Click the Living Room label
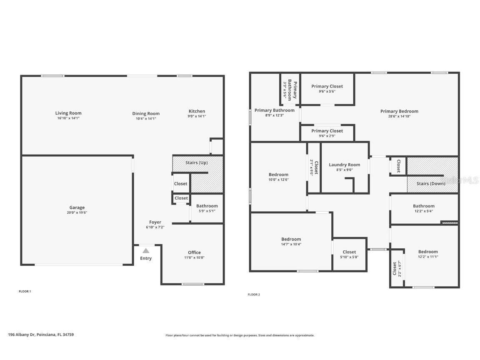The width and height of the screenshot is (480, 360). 68,113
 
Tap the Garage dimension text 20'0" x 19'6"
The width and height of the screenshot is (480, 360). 77,212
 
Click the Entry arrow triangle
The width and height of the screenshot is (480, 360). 146,250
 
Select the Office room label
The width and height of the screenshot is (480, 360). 194,252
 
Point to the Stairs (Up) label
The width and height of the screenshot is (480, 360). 196,162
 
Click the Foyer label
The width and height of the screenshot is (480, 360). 155,222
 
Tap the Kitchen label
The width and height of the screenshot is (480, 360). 197,111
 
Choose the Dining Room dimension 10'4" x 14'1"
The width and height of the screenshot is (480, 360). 146,118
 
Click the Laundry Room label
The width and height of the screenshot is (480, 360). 344,165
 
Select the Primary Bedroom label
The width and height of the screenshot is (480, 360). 399,111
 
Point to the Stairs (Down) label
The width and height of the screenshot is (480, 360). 431,183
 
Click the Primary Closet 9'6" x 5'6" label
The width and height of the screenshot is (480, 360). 327,86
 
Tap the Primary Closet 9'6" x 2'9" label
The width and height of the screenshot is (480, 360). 327,131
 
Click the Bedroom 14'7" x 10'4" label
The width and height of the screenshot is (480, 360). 291,239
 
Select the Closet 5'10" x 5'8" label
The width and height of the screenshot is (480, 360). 349,252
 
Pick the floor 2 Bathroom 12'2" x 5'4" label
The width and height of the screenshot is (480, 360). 423,206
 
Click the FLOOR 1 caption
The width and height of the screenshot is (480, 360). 25,291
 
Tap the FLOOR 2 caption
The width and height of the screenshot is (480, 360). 254,295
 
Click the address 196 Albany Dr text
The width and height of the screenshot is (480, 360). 41,335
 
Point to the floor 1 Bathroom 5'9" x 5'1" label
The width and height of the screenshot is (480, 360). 207,206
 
